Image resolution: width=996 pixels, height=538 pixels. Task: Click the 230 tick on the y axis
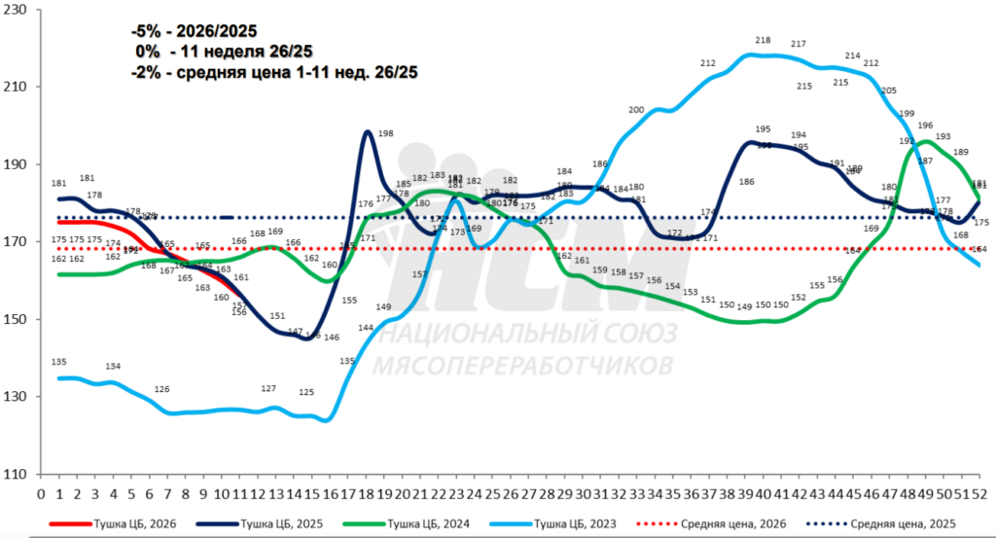(x=18, y=10)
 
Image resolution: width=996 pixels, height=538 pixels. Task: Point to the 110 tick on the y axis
(x=18, y=475)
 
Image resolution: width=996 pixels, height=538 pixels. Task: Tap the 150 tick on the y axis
(x=18, y=320)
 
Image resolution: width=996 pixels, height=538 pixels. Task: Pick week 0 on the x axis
(x=41, y=493)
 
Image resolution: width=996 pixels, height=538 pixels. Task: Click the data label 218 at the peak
(x=763, y=40)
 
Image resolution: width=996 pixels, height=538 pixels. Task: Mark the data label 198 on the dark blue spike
(x=385, y=133)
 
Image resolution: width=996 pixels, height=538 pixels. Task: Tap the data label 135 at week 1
(x=58, y=362)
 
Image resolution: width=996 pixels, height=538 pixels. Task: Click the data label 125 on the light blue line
(x=306, y=392)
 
